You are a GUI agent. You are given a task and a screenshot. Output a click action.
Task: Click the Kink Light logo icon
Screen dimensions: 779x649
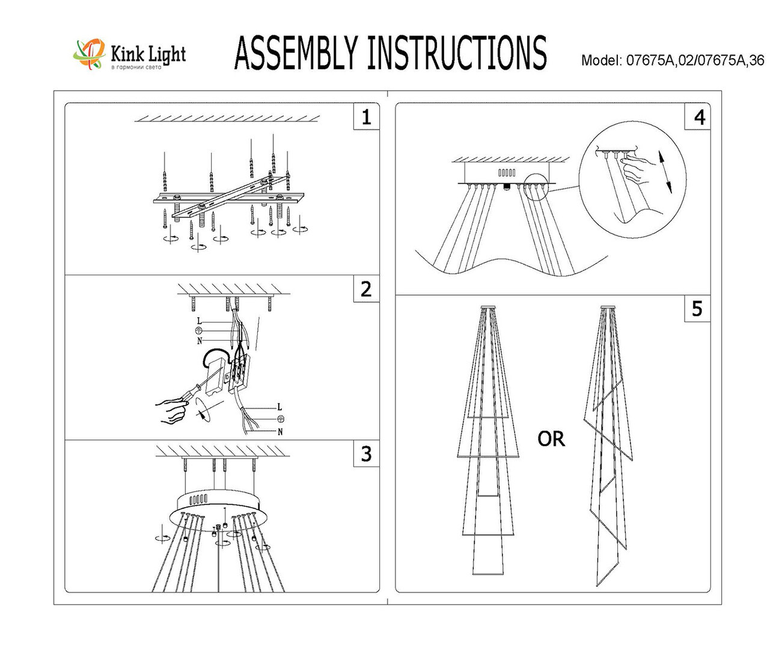pyautogui.click(x=89, y=55)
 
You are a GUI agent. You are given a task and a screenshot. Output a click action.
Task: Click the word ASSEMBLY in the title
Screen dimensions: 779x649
pyautogui.click(x=296, y=53)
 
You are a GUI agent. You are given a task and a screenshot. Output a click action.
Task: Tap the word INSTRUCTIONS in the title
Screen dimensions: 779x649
pyautogui.click(x=457, y=53)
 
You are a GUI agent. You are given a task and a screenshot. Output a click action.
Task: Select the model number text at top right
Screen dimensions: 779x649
pyautogui.click(x=673, y=61)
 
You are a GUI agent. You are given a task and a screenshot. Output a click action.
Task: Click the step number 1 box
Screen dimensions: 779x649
pyautogui.click(x=367, y=117)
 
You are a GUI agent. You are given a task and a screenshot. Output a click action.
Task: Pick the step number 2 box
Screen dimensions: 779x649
pyautogui.click(x=367, y=290)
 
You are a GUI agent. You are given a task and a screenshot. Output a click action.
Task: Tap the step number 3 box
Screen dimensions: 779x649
pyautogui.click(x=367, y=454)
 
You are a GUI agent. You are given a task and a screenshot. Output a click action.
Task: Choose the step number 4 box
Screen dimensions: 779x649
pyautogui.click(x=697, y=117)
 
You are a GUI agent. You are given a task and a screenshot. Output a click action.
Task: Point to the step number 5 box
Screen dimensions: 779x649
pyautogui.click(x=697, y=309)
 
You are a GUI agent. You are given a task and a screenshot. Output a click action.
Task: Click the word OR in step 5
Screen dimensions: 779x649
pyautogui.click(x=551, y=439)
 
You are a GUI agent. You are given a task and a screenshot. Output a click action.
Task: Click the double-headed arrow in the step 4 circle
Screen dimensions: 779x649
pyautogui.click(x=664, y=172)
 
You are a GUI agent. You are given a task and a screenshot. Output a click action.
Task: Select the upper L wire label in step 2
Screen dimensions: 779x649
pyautogui.click(x=199, y=321)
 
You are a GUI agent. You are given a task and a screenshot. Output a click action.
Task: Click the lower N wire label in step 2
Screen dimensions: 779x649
pyautogui.click(x=280, y=432)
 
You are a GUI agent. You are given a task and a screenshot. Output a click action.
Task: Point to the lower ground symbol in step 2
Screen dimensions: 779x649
pyautogui.click(x=281, y=418)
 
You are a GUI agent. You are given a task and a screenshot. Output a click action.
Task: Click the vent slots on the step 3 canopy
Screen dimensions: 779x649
pyautogui.click(x=199, y=499)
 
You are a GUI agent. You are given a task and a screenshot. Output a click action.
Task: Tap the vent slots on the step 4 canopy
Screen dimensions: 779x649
pyautogui.click(x=507, y=172)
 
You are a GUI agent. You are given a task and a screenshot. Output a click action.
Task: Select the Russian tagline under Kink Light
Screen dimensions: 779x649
pyautogui.click(x=136, y=67)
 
